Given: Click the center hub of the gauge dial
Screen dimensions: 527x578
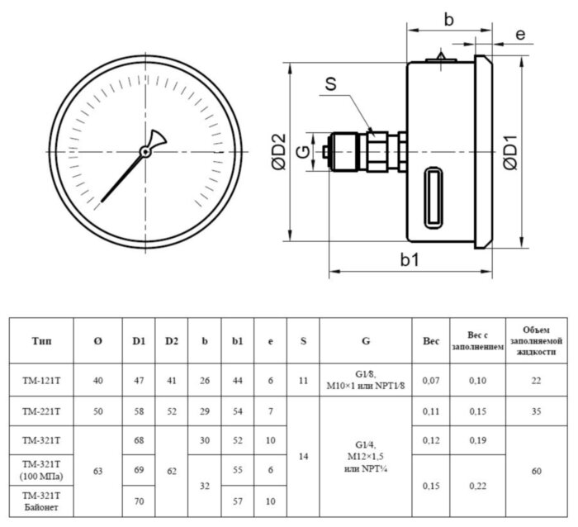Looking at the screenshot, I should [x=145, y=151].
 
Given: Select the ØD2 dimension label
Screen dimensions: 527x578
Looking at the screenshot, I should [x=278, y=152].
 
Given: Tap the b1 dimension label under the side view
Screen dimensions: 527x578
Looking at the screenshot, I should [x=410, y=259].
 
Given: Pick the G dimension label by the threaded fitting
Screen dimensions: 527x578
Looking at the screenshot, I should [x=303, y=153].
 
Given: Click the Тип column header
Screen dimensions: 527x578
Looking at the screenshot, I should [x=42, y=341].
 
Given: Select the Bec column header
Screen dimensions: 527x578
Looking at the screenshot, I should [x=430, y=341].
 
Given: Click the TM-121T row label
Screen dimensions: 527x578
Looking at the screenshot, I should [x=42, y=381].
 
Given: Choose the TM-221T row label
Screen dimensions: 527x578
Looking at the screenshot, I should [x=42, y=410].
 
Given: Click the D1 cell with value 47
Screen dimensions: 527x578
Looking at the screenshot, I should [x=139, y=381].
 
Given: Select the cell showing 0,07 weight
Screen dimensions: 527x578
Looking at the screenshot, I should [x=430, y=381].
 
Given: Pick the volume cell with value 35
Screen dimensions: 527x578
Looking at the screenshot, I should [x=537, y=410].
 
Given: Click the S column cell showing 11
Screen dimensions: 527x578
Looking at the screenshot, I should [x=302, y=381].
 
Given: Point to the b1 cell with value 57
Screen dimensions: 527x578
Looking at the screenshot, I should [x=237, y=501].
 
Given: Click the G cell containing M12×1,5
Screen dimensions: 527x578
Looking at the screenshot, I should [x=365, y=456].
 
